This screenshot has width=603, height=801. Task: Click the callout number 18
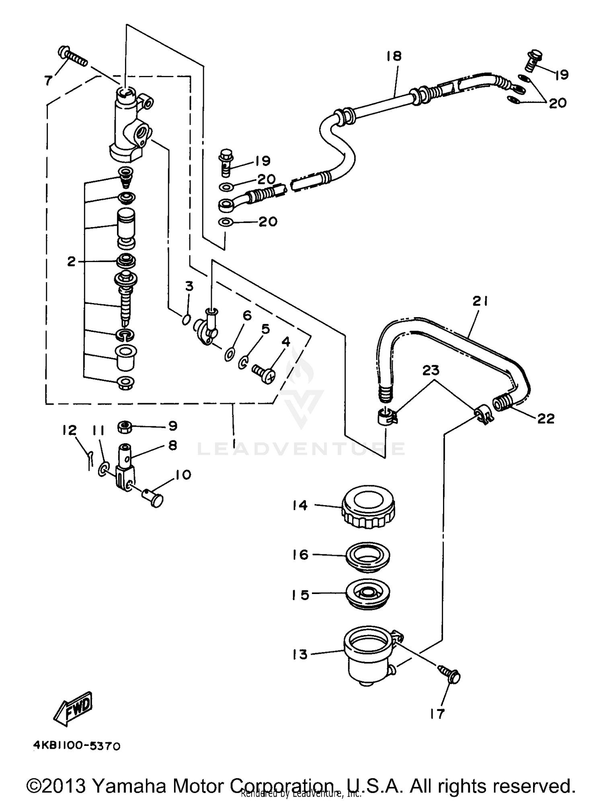click(x=394, y=56)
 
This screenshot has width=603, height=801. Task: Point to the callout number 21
click(x=480, y=301)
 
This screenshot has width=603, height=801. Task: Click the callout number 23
click(x=431, y=371)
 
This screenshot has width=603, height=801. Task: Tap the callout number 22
click(x=546, y=419)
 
